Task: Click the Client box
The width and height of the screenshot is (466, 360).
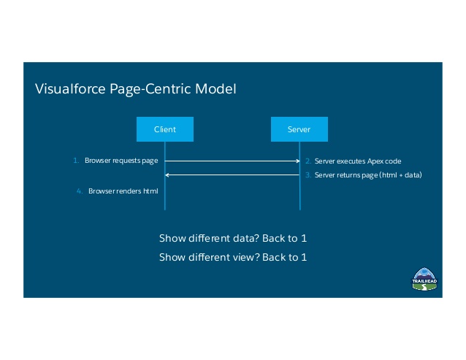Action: (x=164, y=129)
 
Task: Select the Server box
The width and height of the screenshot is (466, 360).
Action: (x=299, y=129)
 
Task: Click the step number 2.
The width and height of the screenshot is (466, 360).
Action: (x=308, y=161)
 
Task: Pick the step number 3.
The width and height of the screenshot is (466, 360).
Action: (x=308, y=175)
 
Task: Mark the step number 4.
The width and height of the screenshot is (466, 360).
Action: (x=80, y=191)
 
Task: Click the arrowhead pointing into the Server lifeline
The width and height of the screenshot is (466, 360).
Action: (x=297, y=161)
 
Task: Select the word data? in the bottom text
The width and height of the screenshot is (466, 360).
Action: (x=236, y=239)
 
